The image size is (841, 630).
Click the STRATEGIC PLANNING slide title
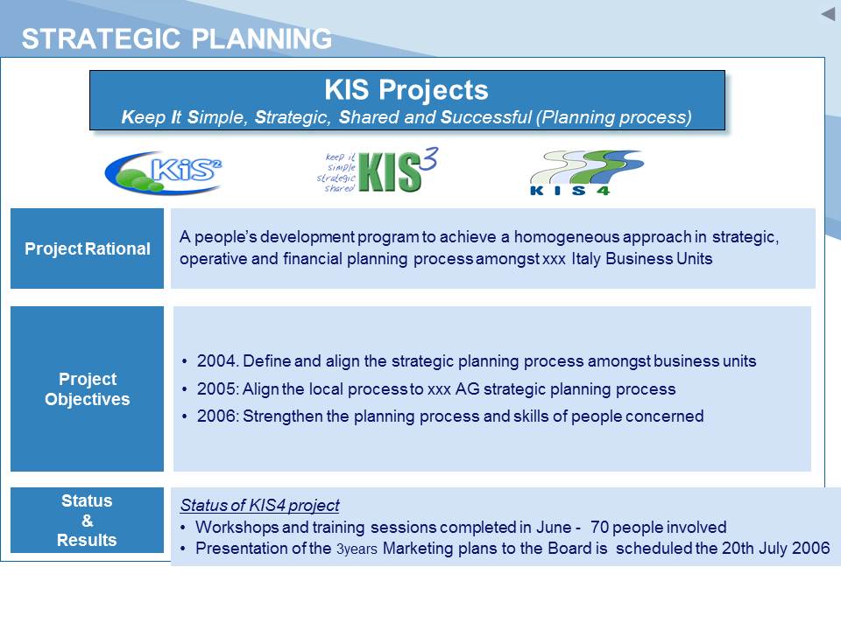click(176, 38)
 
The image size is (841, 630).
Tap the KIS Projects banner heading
click(406, 89)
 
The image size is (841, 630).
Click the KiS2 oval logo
click(164, 172)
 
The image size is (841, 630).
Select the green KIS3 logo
click(378, 171)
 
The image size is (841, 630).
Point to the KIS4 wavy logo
click(586, 172)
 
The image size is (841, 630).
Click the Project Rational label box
click(87, 248)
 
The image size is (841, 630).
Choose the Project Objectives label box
click(87, 388)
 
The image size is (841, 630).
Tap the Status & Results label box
click(87, 520)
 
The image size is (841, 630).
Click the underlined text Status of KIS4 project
click(259, 505)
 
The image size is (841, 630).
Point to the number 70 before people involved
click(599, 527)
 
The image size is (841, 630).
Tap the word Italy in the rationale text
click(586, 259)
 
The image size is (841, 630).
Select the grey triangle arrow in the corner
click(828, 14)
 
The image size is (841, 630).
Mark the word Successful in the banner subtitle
click(486, 116)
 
